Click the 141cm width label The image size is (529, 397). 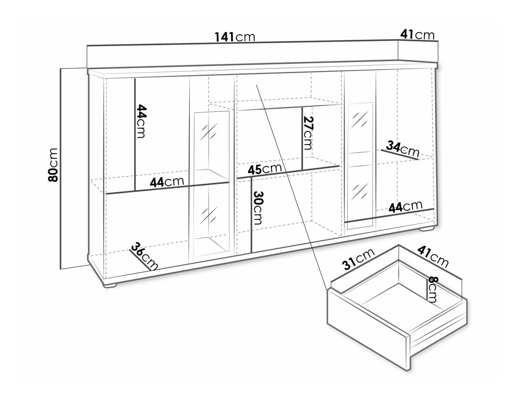[x=235, y=37]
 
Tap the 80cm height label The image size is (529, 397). [x=53, y=165]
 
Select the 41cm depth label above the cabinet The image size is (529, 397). [x=417, y=35]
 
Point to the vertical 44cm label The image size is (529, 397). [x=141, y=121]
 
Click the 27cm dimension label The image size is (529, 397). [x=307, y=133]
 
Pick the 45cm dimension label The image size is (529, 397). [x=265, y=169]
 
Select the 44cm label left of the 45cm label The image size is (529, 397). [x=167, y=182]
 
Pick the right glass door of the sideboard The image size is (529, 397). [x=360, y=165]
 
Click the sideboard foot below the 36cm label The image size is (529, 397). [x=110, y=285]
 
